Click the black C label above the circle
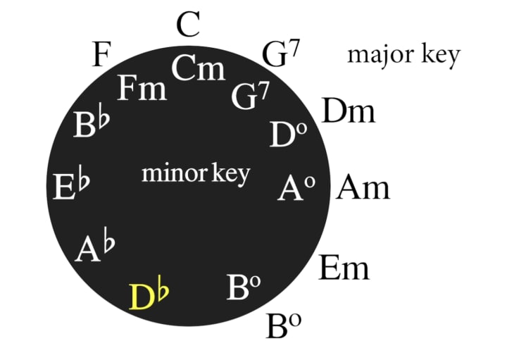point(189,26)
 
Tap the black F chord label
point(103,55)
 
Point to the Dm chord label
point(348,111)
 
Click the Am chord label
point(363,188)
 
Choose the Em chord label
point(344,268)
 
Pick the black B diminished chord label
point(284,326)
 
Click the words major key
point(403,54)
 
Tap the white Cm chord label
point(198,70)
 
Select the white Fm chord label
point(142,89)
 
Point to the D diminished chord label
point(288,135)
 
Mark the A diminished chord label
point(295,189)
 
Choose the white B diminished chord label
point(244,287)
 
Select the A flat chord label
point(95,248)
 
